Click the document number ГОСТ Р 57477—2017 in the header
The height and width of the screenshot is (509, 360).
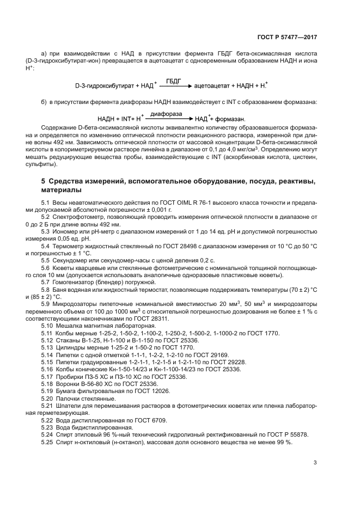point(287,38)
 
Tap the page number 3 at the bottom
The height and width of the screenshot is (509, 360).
point(315,463)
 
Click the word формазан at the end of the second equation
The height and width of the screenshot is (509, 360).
point(230,119)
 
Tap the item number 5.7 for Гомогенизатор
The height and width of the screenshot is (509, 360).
point(47,282)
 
